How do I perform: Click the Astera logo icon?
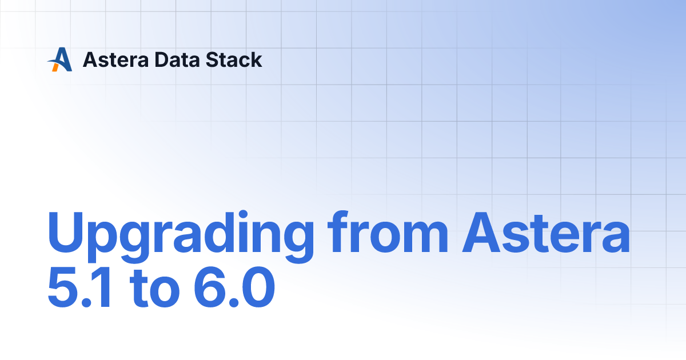click(x=59, y=59)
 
